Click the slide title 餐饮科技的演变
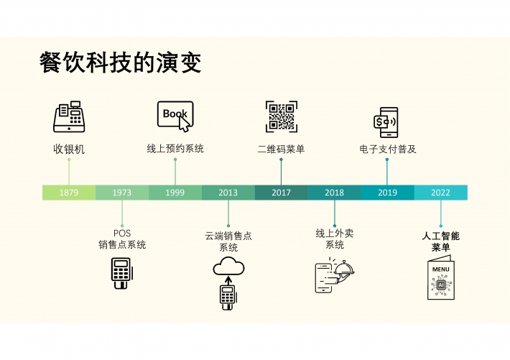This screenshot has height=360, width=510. [x=121, y=63]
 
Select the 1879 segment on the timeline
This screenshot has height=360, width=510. [x=69, y=193]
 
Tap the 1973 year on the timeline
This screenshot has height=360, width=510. [x=122, y=193]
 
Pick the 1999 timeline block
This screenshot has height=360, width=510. [x=175, y=193]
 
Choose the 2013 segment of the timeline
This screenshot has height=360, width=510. [x=228, y=193]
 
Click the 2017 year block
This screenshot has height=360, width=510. [x=282, y=193]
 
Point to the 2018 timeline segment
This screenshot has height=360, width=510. [x=334, y=193]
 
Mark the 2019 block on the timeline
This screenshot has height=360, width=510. [x=387, y=193]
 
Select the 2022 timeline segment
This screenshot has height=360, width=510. [x=441, y=193]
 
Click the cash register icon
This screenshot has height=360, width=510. [x=69, y=116]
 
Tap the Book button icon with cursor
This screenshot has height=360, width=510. [x=175, y=116]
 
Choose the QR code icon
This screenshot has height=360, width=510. [x=282, y=116]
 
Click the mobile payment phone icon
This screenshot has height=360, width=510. [x=386, y=122]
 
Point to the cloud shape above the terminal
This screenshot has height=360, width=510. [x=228, y=267]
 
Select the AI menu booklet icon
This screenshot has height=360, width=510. [x=441, y=277]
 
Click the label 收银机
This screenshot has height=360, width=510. [x=69, y=149]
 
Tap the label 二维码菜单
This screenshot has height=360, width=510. [x=282, y=149]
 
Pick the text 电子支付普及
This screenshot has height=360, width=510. [x=388, y=149]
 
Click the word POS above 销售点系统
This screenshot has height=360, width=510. [x=122, y=234]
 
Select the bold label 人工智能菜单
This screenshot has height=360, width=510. [x=441, y=241]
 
